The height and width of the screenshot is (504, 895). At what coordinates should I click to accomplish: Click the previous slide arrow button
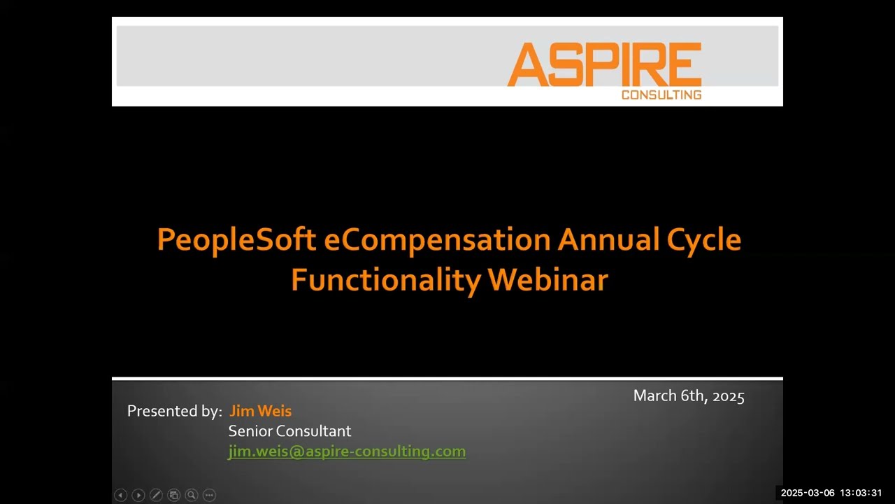pos(120,495)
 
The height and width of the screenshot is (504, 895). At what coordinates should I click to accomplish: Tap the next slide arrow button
pos(138,495)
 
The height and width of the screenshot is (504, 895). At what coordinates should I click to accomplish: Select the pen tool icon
pos(156,495)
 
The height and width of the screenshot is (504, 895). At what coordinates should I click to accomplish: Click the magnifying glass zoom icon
pos(191,495)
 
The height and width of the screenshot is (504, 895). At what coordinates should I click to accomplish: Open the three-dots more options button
pos(209,495)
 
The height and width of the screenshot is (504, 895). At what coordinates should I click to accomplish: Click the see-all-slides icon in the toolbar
pos(173,495)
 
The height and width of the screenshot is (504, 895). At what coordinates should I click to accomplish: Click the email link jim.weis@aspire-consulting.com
pos(347,451)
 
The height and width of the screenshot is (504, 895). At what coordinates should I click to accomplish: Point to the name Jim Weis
pos(260,411)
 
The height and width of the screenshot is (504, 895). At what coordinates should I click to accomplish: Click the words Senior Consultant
pos(289,431)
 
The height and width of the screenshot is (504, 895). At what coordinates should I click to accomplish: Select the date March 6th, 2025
pos(689,396)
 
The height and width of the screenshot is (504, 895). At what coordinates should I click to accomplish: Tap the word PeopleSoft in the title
pos(236,239)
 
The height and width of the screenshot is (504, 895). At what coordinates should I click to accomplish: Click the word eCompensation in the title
pos(437,239)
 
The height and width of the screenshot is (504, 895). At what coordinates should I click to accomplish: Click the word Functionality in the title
pos(385,280)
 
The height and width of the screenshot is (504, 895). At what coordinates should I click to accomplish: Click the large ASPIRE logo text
pos(604,64)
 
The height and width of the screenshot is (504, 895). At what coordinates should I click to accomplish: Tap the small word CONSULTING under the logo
pos(661,94)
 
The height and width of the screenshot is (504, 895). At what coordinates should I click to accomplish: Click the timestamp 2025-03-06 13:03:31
pos(831,493)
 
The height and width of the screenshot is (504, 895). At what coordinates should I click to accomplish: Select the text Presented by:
pos(174,411)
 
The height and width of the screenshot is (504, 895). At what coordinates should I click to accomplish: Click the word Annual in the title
pos(608,239)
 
